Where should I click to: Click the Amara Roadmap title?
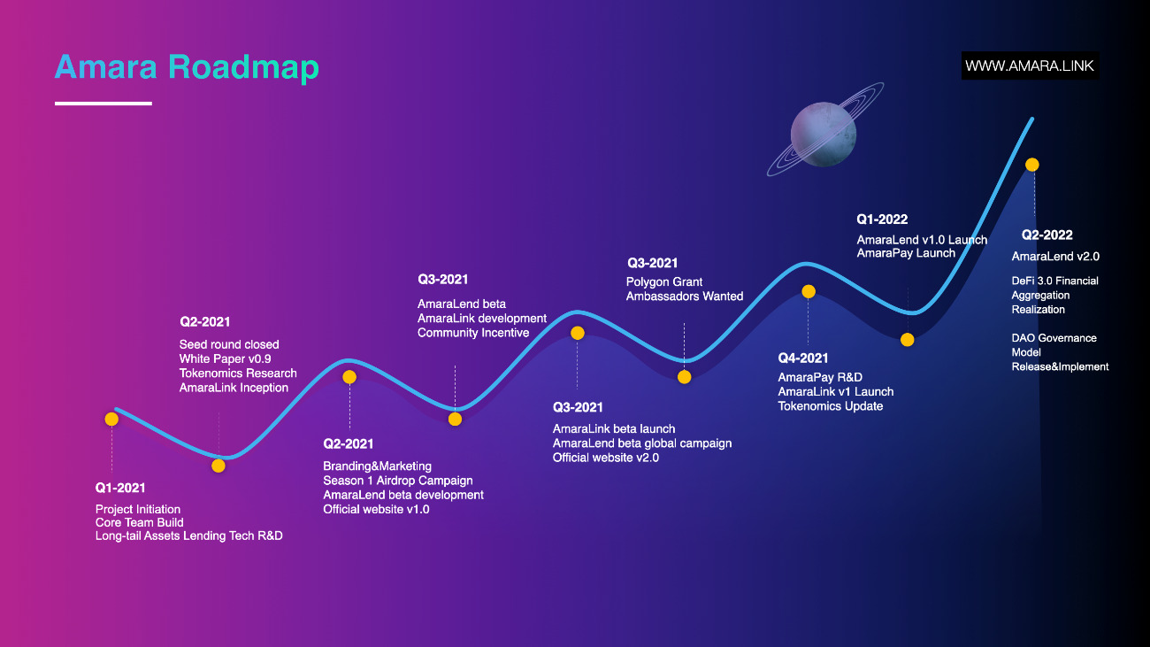[x=187, y=68]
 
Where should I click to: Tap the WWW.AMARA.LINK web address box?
[x=1030, y=65]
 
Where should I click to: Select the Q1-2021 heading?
[x=120, y=488]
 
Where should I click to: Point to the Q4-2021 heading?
[x=803, y=358]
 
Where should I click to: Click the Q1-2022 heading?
[x=882, y=220]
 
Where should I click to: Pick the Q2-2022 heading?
[x=1046, y=235]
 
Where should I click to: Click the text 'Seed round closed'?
[x=229, y=344]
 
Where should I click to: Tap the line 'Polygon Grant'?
[x=664, y=282]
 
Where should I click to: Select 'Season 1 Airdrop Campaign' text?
[x=398, y=481]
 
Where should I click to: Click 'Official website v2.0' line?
[x=606, y=458]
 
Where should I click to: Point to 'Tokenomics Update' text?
[x=831, y=406]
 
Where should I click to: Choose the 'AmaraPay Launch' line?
[x=906, y=253]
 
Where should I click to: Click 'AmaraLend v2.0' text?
[x=1055, y=256]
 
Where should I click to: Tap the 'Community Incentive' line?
[x=473, y=333]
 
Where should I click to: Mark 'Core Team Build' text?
[x=139, y=523]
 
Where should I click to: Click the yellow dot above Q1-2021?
[x=111, y=420]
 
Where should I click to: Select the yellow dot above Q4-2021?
[x=809, y=292]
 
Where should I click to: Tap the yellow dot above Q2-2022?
[x=1032, y=165]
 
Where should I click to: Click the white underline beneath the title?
[x=103, y=104]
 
